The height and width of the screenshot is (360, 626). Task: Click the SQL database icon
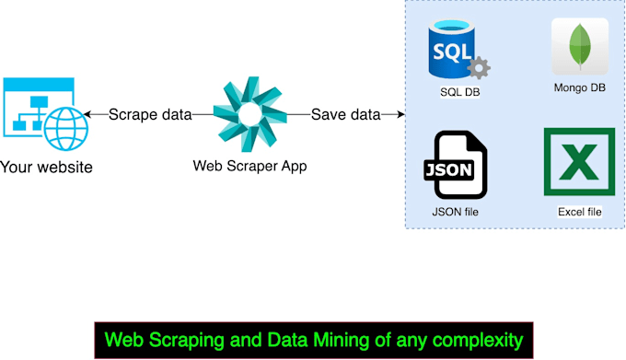tap(455, 52)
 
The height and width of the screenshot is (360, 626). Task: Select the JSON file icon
tap(455, 166)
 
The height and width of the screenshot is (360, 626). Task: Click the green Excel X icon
tap(579, 162)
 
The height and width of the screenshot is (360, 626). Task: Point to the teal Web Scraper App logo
tap(250, 114)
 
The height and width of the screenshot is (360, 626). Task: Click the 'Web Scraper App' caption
tap(249, 167)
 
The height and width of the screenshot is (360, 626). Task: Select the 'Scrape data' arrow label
tap(150, 115)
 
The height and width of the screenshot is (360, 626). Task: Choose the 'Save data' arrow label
tap(345, 115)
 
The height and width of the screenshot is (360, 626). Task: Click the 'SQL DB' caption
tap(460, 93)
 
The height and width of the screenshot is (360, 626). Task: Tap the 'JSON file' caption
tap(455, 213)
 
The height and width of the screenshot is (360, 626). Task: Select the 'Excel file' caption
tap(579, 212)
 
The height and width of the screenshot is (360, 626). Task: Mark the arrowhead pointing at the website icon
tap(88, 115)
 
